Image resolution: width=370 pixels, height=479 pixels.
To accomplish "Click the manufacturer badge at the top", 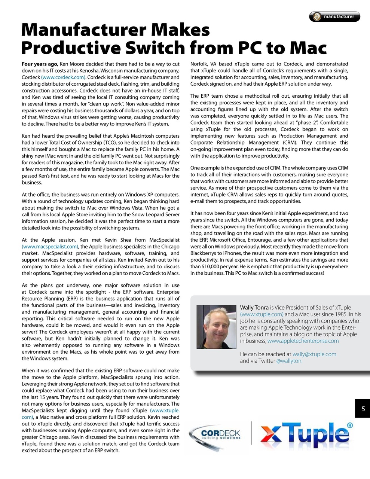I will click(334, 16).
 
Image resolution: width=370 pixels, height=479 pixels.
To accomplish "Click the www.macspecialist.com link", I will click(50, 246).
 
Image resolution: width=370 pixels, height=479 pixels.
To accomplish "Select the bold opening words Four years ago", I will click(40, 64).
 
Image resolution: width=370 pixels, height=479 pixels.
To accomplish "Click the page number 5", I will click(363, 409).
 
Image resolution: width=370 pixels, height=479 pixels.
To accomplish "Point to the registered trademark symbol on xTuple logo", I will click(349, 425).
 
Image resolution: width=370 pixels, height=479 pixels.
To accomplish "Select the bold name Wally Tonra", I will click(254, 308).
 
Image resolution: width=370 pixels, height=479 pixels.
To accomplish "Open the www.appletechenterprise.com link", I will click(303, 341).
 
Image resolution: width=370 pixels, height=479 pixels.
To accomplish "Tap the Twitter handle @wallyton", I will click(289, 361).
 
